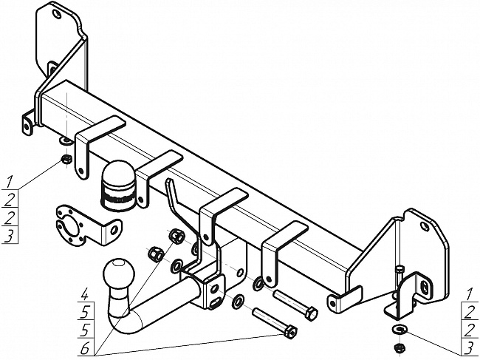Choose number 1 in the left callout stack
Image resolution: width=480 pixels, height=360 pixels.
10,180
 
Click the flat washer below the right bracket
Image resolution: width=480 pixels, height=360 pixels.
400,329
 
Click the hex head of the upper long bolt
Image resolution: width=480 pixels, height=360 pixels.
311,314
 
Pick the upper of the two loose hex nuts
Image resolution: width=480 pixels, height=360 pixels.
176,237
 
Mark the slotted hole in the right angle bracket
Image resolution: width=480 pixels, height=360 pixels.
425,287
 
